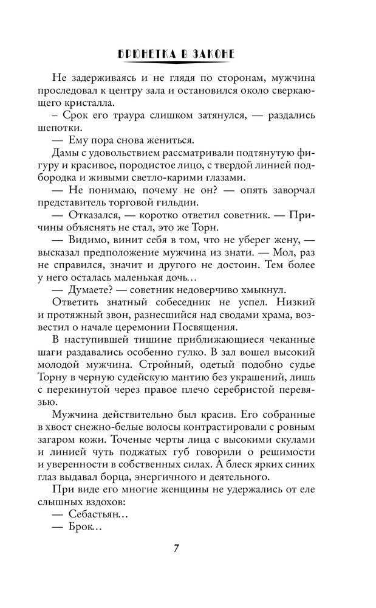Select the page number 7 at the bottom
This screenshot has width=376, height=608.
[x=176, y=548]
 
